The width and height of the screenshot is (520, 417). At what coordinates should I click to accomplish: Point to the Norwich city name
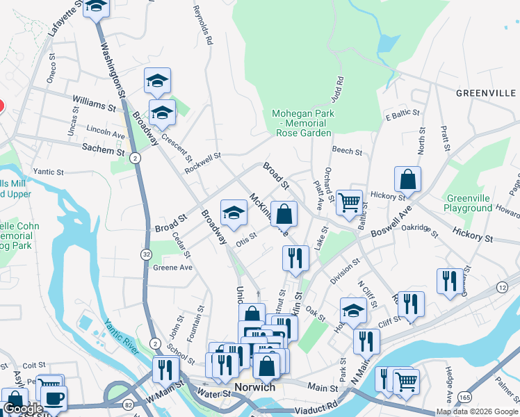[x=254, y=387]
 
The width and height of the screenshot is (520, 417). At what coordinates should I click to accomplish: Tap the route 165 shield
[x=464, y=397]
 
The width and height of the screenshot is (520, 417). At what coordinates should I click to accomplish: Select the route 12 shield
[x=502, y=287]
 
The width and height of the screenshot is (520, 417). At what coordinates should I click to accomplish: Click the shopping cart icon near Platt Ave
[x=350, y=202]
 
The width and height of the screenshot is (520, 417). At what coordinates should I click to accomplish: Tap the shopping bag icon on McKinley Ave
[x=284, y=214]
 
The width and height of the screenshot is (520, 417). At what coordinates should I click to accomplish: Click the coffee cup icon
[x=54, y=398]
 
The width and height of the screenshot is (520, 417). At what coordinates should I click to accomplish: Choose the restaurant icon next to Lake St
[x=295, y=258]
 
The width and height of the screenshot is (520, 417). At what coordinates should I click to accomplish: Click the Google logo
[x=24, y=409]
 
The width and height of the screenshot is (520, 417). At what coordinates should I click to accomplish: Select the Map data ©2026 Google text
[x=476, y=411]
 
